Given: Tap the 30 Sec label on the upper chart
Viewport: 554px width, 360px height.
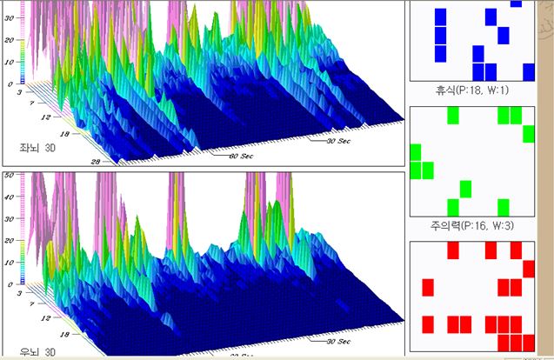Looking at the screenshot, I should [340, 138].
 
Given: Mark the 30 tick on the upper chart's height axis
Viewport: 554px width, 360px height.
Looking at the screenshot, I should [9, 40].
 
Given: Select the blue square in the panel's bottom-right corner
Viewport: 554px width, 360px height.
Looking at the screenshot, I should [529, 71].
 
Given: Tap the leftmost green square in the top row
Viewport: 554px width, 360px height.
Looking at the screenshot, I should [452, 115].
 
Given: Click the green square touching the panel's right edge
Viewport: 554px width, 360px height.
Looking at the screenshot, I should [529, 134].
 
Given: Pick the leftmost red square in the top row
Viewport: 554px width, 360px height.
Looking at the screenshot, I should [453, 250].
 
